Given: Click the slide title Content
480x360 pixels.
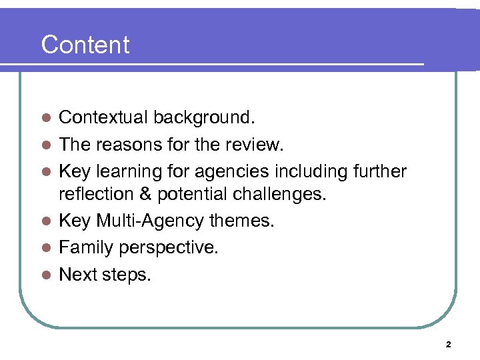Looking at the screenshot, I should pyautogui.click(x=85, y=45).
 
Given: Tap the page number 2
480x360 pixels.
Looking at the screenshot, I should pyautogui.click(x=448, y=345).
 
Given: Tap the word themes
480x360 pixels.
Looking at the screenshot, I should pyautogui.click(x=242, y=221).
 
